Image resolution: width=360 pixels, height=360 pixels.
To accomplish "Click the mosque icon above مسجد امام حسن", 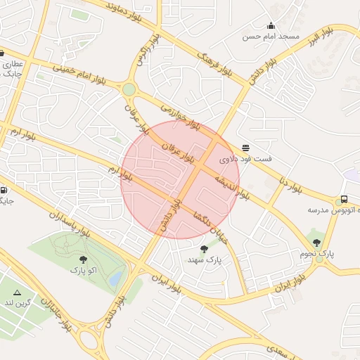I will [x=271, y=25].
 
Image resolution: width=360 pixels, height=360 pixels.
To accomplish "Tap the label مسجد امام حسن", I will [x=271, y=36].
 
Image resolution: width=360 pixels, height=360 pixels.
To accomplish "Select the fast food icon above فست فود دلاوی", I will [x=245, y=148].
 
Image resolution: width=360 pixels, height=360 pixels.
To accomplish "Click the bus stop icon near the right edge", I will [x=345, y=199].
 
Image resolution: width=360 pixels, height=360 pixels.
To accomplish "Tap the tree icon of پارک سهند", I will [x=204, y=249].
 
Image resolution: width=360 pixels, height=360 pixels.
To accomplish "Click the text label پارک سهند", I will [x=205, y=260].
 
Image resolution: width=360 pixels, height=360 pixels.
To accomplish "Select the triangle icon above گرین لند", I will [x=18, y=292].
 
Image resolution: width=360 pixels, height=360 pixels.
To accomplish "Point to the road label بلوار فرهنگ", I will [x=214, y=63].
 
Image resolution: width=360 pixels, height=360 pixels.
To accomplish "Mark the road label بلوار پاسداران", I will [x=71, y=221].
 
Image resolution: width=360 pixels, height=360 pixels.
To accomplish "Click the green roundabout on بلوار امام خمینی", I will [x=129, y=89].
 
